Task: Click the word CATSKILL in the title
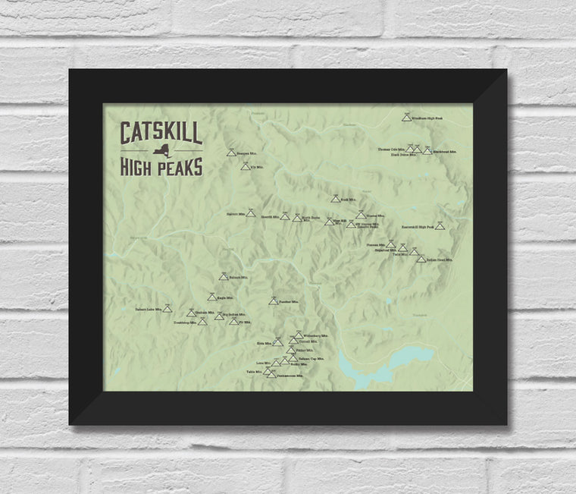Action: (x=161, y=134)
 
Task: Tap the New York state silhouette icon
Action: (x=161, y=149)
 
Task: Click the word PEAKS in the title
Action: (x=177, y=163)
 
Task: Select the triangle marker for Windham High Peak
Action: (x=407, y=118)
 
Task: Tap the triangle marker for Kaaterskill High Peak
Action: (x=440, y=226)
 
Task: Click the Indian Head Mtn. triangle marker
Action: (x=421, y=260)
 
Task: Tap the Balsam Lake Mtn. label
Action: (x=149, y=310)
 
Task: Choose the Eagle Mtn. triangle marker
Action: (x=212, y=297)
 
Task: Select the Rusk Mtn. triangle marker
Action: (x=335, y=200)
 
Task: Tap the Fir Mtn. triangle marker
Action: (x=233, y=322)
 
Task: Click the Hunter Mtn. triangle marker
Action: (x=361, y=215)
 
